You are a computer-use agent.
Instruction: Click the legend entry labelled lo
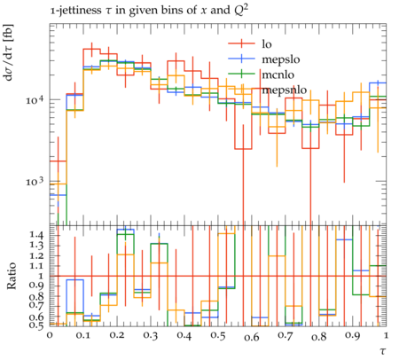click(x=267, y=44)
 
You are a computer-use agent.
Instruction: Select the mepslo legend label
click(x=281, y=59)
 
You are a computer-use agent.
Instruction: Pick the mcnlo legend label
click(x=278, y=74)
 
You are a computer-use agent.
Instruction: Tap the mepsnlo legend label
click(x=284, y=90)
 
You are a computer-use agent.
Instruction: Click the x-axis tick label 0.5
click(x=218, y=336)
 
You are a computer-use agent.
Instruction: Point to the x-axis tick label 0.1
click(x=83, y=336)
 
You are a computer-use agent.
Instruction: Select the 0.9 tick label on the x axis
click(x=353, y=336)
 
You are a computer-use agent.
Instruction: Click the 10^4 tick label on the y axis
click(x=35, y=99)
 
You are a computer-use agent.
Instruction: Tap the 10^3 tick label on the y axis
click(x=35, y=182)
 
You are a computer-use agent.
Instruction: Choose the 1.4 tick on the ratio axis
click(x=36, y=236)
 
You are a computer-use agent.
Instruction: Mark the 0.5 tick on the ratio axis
click(x=36, y=325)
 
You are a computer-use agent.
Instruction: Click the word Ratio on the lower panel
click(x=12, y=276)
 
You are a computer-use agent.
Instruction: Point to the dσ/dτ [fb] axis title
click(x=9, y=52)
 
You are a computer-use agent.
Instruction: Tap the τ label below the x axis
click(x=383, y=351)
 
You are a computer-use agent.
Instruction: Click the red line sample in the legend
click(x=241, y=43)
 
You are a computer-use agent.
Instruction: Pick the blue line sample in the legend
click(x=241, y=59)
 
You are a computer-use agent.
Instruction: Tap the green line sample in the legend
click(x=241, y=74)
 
